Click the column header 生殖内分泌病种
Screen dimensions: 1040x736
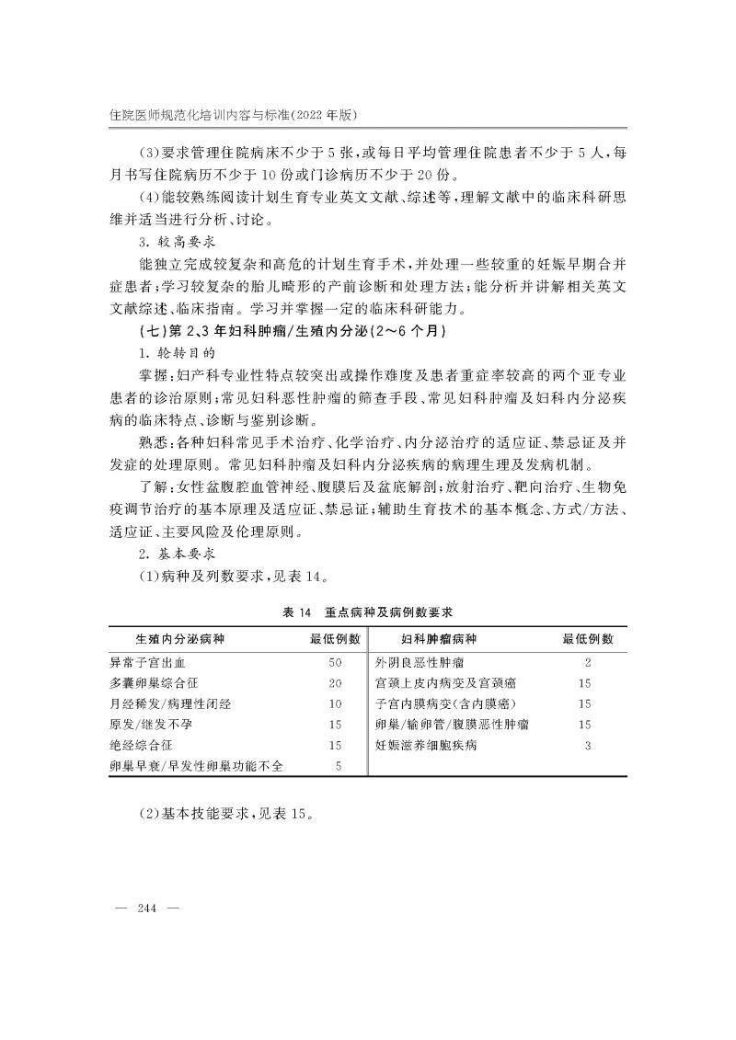pyautogui.click(x=181, y=639)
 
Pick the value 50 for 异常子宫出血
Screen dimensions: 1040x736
pyautogui.click(x=335, y=662)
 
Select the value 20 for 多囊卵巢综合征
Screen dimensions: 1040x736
pyautogui.click(x=335, y=683)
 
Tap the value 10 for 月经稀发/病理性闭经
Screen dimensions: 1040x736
pyautogui.click(x=335, y=703)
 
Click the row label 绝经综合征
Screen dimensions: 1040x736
pyautogui.click(x=141, y=745)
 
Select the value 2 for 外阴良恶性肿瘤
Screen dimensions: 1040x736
pyautogui.click(x=587, y=662)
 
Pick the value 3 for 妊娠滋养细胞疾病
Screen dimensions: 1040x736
pyautogui.click(x=587, y=745)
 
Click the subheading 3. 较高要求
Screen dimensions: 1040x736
pyautogui.click(x=176, y=242)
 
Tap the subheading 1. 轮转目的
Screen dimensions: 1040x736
pyautogui.click(x=176, y=352)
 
